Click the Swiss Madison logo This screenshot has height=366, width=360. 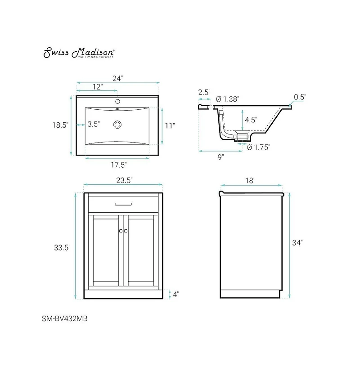tap(79, 53)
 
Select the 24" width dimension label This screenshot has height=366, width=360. tap(117, 78)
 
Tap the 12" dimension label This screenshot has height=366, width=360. tap(98, 86)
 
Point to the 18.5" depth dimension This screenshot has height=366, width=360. tap(60, 125)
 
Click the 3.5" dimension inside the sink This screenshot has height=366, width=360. tap(94, 124)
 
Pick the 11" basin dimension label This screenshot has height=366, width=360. tap(169, 126)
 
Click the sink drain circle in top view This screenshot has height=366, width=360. tap(118, 124)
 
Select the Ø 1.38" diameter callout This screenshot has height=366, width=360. tap(228, 98)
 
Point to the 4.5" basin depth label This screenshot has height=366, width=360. tap(251, 120)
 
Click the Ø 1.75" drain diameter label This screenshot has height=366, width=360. tap(258, 147)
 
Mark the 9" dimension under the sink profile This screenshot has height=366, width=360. tap(220, 156)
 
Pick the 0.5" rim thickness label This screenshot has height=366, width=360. tap(300, 97)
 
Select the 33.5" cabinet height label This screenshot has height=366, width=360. tap(62, 247)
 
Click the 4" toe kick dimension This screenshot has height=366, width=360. tap(175, 295)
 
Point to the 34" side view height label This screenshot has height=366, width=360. tap(297, 243)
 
